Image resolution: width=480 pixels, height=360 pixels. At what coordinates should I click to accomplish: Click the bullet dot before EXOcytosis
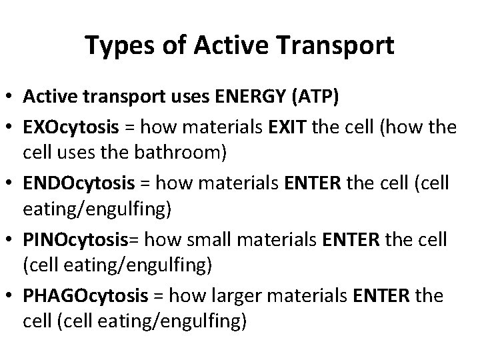(11, 125)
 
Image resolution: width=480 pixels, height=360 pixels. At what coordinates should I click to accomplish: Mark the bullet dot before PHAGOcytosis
(11, 295)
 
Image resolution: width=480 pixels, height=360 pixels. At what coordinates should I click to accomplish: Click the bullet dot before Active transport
(11, 99)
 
